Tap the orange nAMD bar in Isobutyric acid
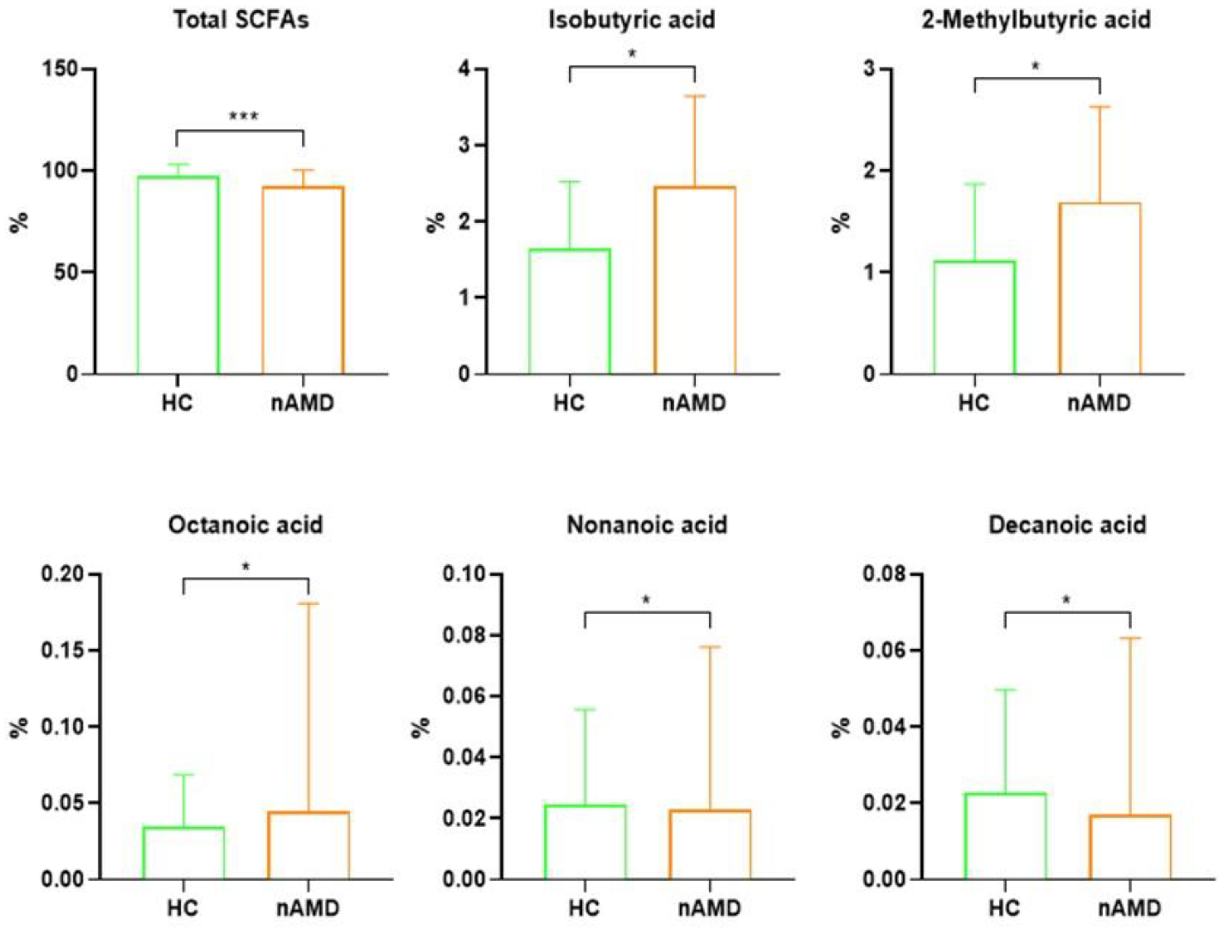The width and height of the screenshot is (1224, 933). [695, 280]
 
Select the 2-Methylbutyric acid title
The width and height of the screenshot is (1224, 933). [1036, 20]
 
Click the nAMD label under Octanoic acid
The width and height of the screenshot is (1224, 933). [308, 908]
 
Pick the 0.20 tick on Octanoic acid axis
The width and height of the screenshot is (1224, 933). [63, 574]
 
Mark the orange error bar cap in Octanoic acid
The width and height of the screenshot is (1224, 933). [308, 603]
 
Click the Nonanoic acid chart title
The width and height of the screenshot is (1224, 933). [647, 525]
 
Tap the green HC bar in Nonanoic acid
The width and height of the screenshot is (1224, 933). [584, 841]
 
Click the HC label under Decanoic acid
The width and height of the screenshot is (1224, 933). [1005, 908]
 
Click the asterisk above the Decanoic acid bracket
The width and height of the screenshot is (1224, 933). [1066, 600]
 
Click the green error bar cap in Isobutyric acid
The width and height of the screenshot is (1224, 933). [569, 182]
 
